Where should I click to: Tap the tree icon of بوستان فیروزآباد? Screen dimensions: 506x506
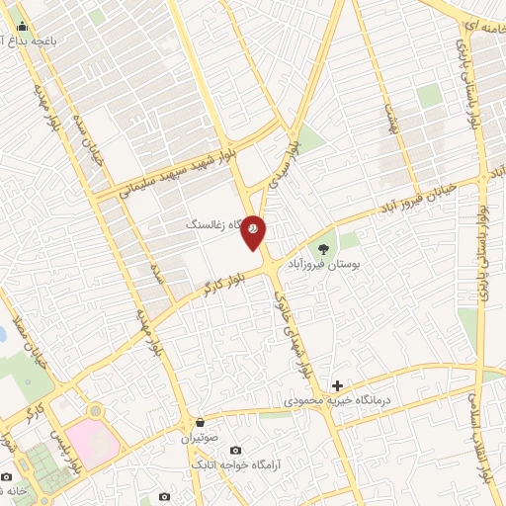(x=322, y=248)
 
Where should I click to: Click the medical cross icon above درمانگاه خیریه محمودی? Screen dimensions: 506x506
(x=337, y=385)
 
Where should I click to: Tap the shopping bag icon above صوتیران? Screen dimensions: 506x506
(x=200, y=422)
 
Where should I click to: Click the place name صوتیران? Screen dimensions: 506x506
(x=199, y=438)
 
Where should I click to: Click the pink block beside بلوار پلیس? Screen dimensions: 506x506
(x=95, y=446)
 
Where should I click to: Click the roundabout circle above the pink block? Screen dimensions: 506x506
(x=94, y=410)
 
